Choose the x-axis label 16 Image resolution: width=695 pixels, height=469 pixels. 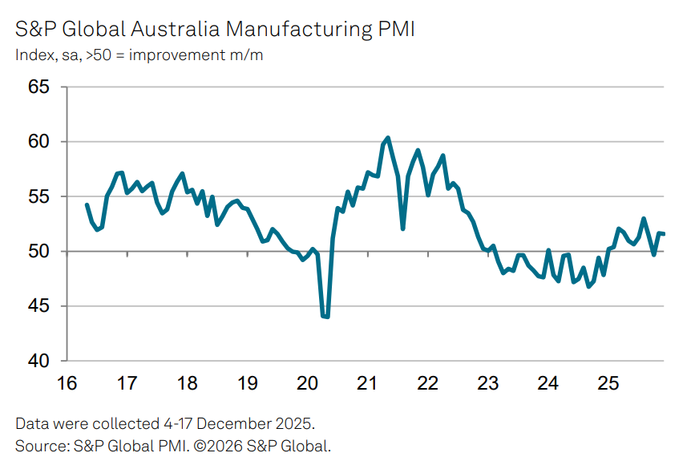67,383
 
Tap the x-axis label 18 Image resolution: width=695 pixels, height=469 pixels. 187,383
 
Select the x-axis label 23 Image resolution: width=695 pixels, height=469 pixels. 487,383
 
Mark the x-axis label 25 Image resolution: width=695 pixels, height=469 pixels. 608,383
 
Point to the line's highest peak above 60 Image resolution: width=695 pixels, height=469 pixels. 388,138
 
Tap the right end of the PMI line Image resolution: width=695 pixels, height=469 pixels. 664,234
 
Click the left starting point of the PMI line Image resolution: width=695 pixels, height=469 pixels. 87,204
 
